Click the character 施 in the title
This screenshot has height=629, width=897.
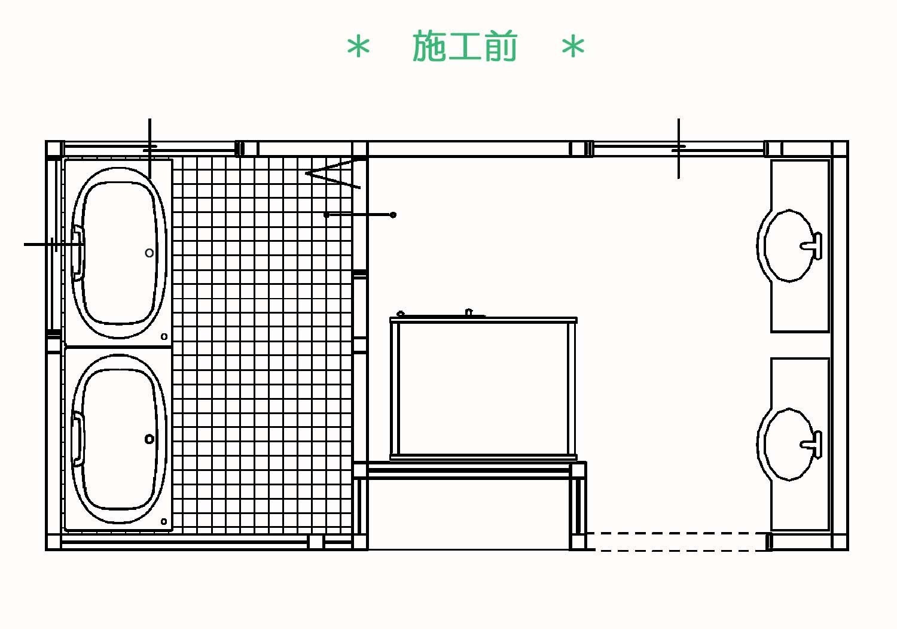point(429,46)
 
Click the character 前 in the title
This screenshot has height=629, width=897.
point(500,46)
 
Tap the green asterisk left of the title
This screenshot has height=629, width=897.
point(358,47)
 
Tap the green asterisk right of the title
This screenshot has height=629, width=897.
point(573,47)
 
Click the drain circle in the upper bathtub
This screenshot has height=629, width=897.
point(149,253)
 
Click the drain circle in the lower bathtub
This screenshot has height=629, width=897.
point(149,439)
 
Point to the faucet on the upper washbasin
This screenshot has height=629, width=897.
point(813,245)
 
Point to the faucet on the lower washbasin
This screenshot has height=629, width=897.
point(813,444)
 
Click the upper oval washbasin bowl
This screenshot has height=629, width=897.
point(765,245)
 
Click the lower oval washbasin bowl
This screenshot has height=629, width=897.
point(765,444)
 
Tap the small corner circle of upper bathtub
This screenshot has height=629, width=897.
point(164,337)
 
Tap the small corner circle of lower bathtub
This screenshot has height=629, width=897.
point(164,521)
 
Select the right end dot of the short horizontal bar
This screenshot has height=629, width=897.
point(393,215)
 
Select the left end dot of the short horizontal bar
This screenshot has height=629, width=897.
point(327,215)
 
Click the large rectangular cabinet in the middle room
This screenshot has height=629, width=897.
point(483,388)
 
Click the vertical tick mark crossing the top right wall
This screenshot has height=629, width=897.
point(678,148)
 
